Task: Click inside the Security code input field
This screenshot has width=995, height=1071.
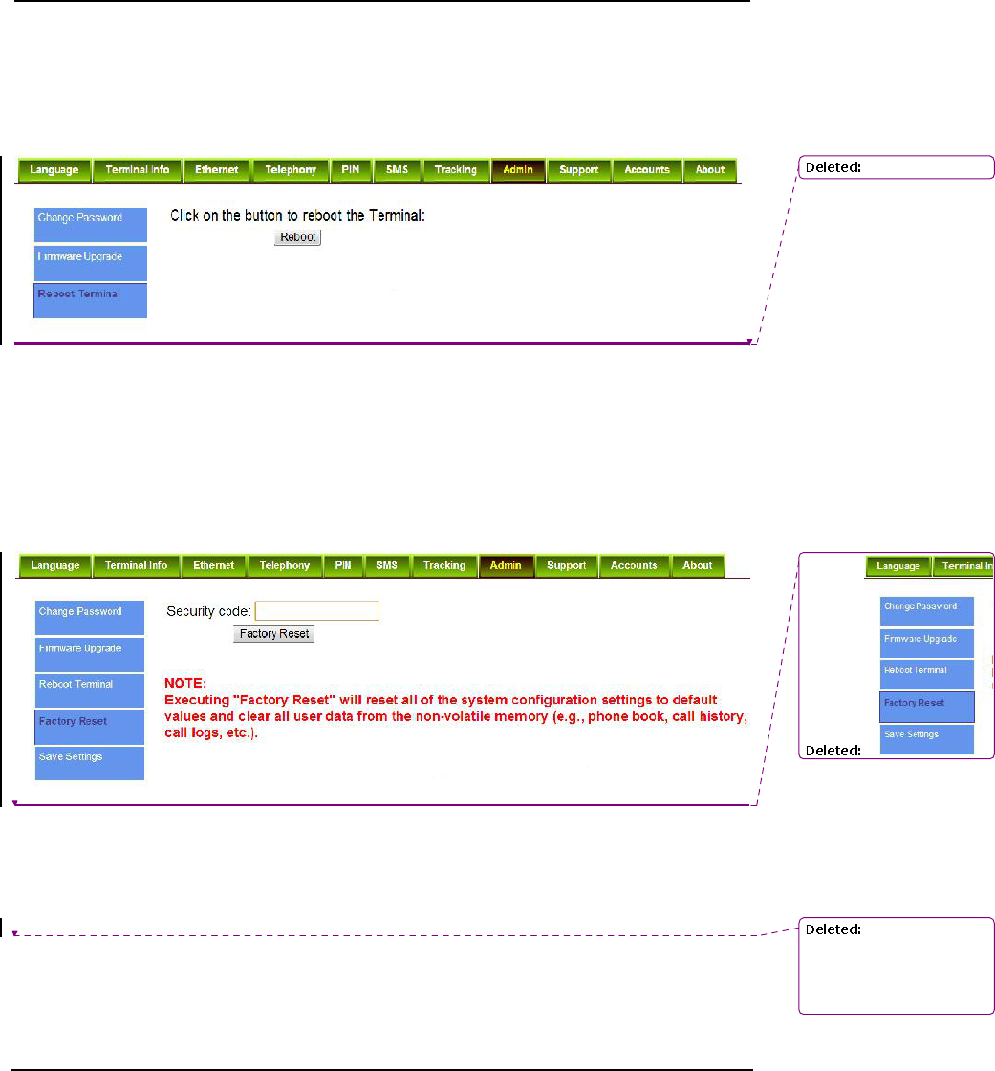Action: point(317,610)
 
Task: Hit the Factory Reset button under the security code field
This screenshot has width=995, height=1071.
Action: point(273,633)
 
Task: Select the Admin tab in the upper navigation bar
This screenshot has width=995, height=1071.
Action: point(518,170)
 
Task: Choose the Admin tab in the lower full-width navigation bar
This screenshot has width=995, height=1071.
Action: point(506,565)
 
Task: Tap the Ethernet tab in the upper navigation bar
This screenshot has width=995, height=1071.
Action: point(216,170)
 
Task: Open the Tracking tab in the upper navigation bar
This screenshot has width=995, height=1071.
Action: point(455,170)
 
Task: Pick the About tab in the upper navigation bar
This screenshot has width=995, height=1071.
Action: point(709,170)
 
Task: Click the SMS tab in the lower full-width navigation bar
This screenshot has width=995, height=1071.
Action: point(386,565)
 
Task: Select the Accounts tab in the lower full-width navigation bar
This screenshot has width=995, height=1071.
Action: point(634,565)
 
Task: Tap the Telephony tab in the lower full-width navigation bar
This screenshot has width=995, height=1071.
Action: point(285,565)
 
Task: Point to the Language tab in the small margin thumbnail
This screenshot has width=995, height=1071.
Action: point(898,566)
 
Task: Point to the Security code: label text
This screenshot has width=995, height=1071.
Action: point(208,610)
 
